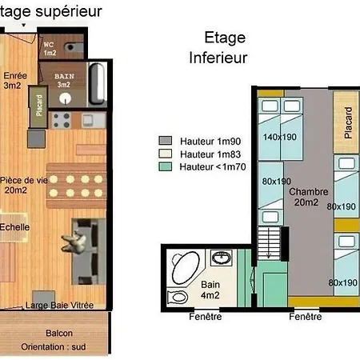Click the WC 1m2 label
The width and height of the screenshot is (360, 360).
tap(50, 49)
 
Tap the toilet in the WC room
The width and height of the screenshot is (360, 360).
tap(73, 47)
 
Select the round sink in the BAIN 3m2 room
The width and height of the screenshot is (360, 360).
tap(65, 98)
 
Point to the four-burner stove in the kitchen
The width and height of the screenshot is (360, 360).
tap(61, 121)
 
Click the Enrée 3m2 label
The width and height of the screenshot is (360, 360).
tap(15, 81)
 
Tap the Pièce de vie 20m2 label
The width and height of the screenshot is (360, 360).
tap(24, 185)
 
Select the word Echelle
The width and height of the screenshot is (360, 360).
tap(14, 227)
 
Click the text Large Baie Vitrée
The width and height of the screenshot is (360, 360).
tap(59, 305)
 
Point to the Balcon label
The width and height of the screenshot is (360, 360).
tap(59, 333)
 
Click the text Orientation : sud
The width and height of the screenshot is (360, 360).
tap(54, 347)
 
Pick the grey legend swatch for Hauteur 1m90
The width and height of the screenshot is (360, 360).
tap(166, 141)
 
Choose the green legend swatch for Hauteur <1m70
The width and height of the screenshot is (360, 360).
tap(166, 166)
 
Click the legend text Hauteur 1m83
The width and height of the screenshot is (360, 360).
tap(210, 154)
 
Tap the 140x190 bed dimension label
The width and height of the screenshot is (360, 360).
tap(280, 137)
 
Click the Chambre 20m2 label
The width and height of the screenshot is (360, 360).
tap(309, 197)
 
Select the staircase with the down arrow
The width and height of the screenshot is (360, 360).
tap(269, 243)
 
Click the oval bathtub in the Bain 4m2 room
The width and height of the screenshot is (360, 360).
tap(186, 267)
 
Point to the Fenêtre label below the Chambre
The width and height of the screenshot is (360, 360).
tap(306, 317)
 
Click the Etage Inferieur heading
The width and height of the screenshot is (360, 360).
tap(218, 47)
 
